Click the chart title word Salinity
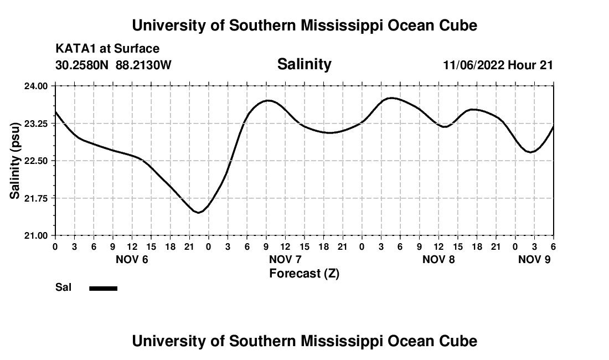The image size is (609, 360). tap(304, 64)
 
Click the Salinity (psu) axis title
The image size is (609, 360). tap(15, 161)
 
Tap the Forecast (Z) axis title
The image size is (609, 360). tap(304, 273)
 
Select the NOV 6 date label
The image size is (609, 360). tap(132, 259)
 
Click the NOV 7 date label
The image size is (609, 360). tap(285, 259)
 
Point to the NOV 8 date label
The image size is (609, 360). tap(438, 259)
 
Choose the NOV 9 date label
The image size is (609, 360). tap(534, 259)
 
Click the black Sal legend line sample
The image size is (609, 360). tap(103, 288)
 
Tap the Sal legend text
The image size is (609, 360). tap(63, 288)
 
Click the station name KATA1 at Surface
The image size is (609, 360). tap(107, 49)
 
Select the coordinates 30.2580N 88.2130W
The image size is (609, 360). tap(113, 65)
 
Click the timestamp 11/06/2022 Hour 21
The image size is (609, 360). tap(498, 65)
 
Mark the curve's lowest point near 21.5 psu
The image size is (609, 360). tap(198, 212)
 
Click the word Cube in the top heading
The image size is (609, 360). tap(457, 25)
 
